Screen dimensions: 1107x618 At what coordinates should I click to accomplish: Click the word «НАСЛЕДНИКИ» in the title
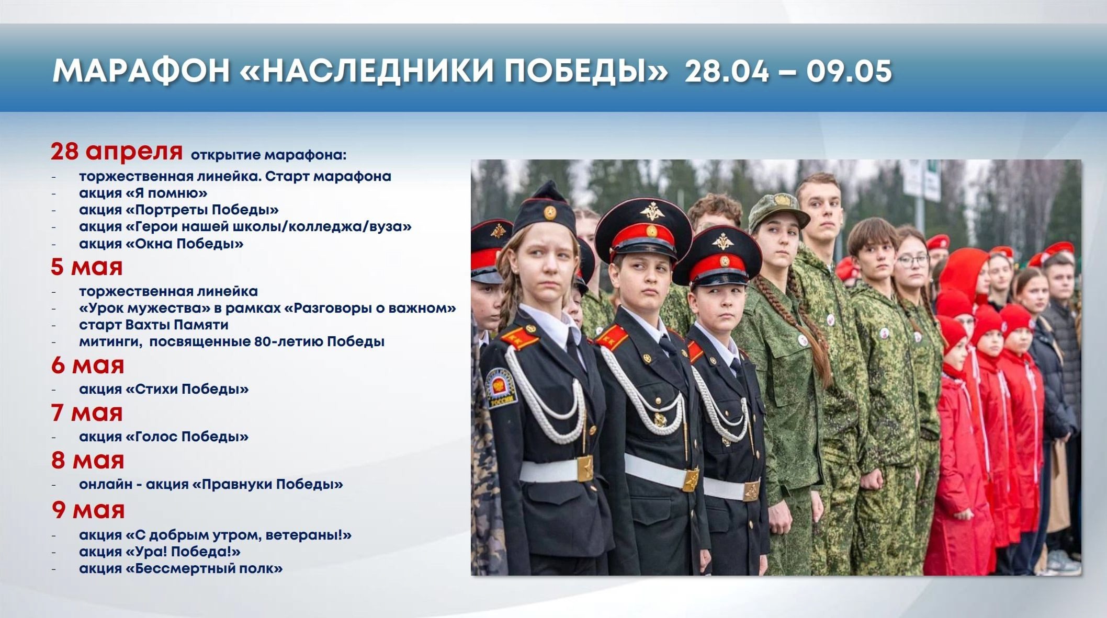[x=377, y=71]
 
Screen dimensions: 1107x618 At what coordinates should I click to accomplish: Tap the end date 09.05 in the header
[x=849, y=71]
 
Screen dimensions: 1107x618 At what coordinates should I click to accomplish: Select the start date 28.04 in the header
[x=727, y=71]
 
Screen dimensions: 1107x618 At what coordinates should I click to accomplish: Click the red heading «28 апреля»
[x=117, y=152]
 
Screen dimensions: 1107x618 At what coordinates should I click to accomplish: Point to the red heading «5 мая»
[x=87, y=267]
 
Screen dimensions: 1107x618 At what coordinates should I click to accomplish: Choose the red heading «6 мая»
[x=87, y=365]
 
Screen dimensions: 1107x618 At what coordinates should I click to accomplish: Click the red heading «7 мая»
[x=87, y=413]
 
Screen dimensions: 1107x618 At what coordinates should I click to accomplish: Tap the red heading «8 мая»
[x=87, y=460]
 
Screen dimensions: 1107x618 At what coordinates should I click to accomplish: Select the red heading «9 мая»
[x=88, y=510]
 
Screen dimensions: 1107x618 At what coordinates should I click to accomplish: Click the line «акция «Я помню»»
[x=143, y=193]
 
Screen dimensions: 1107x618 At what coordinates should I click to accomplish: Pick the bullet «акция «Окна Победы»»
[x=161, y=244]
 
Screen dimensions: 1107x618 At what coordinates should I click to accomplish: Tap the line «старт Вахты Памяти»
[x=154, y=325]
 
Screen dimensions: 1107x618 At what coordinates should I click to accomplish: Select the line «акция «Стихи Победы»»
[x=164, y=389]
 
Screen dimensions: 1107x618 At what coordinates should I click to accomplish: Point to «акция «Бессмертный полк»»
[x=181, y=568]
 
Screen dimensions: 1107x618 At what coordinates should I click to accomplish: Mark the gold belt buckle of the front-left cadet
[x=585, y=469]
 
